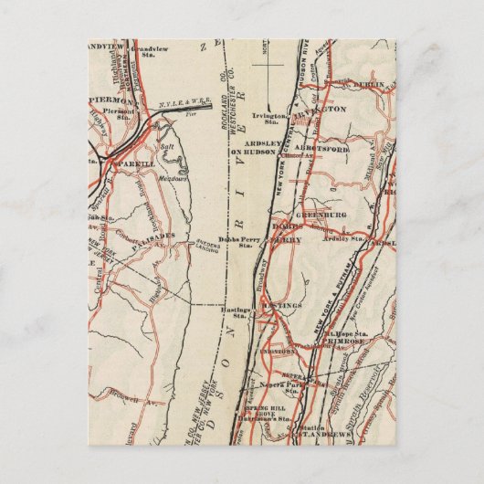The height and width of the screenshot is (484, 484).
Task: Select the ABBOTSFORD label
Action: click(350, 153)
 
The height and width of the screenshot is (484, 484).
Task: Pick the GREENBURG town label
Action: click(349, 217)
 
